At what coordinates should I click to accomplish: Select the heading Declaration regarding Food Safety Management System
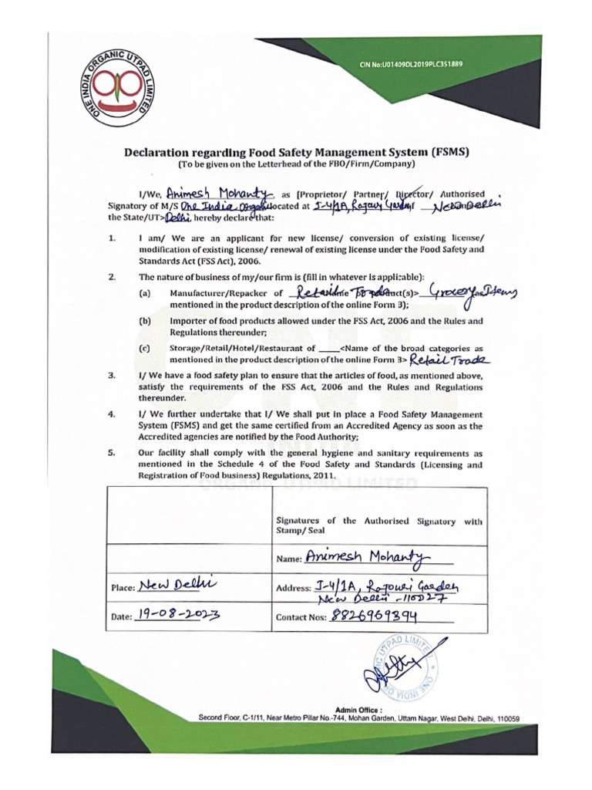coord(297,152)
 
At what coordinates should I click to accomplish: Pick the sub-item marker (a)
coord(144,293)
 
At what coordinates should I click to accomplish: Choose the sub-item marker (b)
coord(144,320)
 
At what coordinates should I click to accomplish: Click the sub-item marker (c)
coord(144,349)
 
